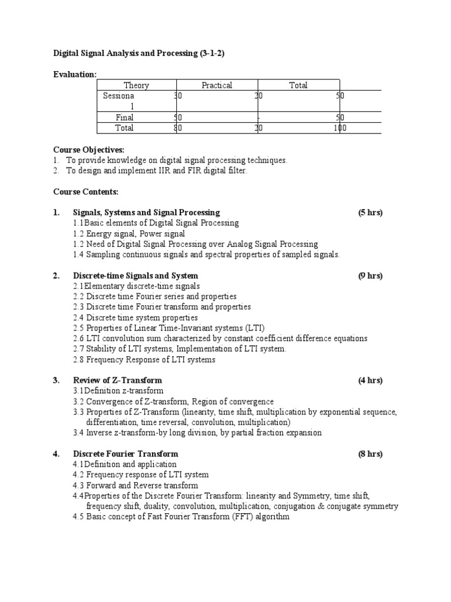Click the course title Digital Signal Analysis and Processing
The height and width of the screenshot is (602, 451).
tap(139, 53)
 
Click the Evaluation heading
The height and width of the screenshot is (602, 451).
tap(75, 74)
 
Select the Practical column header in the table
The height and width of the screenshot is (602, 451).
tap(217, 85)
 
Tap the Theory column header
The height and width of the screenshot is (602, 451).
tap(136, 85)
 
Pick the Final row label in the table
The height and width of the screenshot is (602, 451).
tap(124, 117)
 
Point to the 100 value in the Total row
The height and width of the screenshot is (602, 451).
tap(339, 128)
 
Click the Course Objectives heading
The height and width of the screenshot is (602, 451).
tap(89, 150)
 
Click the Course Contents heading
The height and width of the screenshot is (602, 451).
tap(86, 192)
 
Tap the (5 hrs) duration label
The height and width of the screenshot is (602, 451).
tap(370, 212)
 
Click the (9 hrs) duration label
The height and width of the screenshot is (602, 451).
tap(370, 275)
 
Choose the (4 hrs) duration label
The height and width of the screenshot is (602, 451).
tap(370, 380)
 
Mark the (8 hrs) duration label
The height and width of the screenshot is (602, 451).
tap(370, 454)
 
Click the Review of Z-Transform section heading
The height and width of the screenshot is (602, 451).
tap(117, 380)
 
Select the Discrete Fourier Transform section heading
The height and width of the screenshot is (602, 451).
tap(126, 454)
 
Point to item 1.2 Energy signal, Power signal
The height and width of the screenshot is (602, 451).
tap(129, 233)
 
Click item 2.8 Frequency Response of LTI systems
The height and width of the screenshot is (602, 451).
tap(144, 359)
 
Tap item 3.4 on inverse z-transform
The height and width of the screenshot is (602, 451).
tap(197, 433)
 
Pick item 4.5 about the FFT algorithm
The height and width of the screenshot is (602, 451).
tap(181, 517)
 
